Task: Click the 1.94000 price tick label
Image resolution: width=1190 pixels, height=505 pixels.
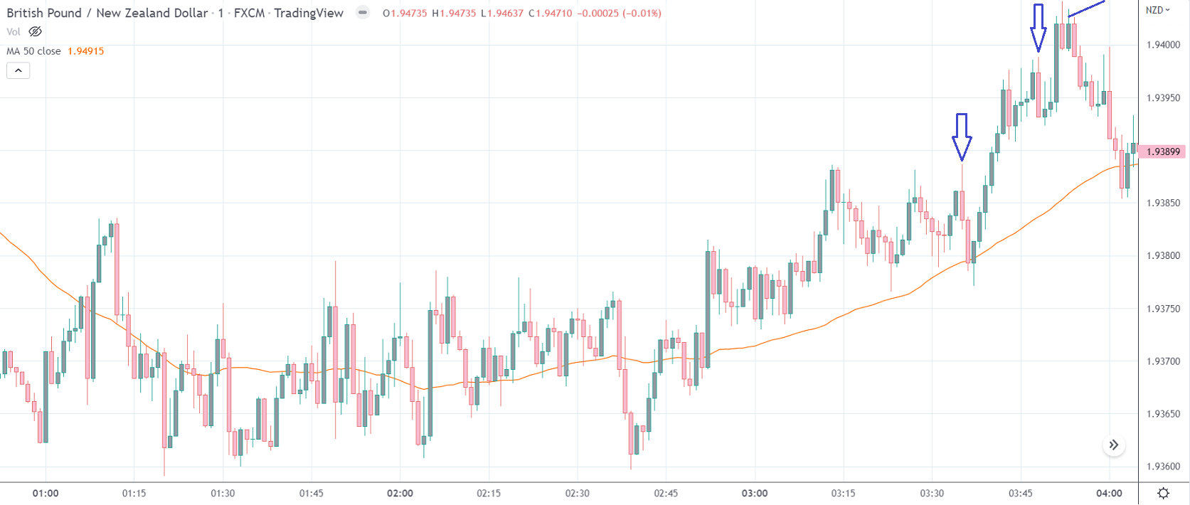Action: (x=1163, y=45)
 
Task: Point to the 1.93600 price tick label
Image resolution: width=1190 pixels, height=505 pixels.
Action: (x=1163, y=467)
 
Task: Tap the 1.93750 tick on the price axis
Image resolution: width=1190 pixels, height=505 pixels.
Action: (x=1163, y=309)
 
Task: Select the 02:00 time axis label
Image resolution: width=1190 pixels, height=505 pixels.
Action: (x=400, y=493)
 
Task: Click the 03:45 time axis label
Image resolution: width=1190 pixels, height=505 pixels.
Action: (x=1021, y=493)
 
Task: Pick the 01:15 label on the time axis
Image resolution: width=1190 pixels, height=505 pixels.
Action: (x=134, y=493)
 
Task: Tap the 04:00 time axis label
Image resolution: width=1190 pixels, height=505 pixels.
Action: (x=1109, y=493)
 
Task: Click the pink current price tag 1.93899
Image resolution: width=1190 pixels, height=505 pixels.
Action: (x=1163, y=151)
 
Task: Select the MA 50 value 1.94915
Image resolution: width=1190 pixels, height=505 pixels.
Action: (x=85, y=51)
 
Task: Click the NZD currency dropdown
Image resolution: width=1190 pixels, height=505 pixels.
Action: (x=1157, y=10)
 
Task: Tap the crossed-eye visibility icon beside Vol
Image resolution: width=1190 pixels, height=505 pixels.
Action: (x=35, y=31)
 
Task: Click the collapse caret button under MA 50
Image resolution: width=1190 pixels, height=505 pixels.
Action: (x=18, y=70)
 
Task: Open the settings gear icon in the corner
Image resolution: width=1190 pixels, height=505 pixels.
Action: (x=1164, y=493)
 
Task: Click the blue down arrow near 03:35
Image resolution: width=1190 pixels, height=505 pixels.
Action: (x=962, y=136)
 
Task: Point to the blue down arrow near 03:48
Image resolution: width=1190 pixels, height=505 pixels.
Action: (x=1038, y=27)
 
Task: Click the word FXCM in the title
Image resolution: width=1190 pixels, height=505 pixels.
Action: (x=249, y=13)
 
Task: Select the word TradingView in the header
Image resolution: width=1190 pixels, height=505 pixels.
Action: (x=309, y=13)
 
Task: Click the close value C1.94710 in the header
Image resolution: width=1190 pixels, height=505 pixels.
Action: (x=551, y=13)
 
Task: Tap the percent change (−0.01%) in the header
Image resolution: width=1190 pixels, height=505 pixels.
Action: (x=642, y=13)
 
